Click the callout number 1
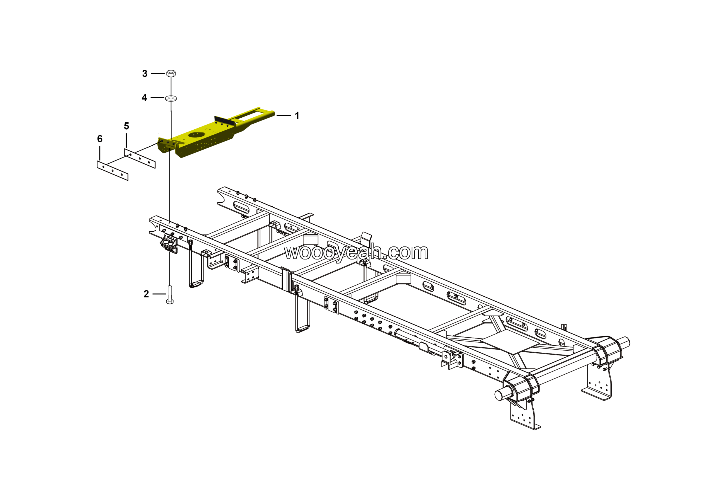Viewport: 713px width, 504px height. click(x=297, y=116)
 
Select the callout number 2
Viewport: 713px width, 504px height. click(x=146, y=294)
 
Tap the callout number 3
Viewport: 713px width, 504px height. click(x=145, y=74)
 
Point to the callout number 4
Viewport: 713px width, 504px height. click(x=144, y=98)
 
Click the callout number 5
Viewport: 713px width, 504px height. click(x=126, y=126)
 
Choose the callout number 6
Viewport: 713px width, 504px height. click(x=100, y=139)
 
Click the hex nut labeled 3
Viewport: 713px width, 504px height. click(x=171, y=73)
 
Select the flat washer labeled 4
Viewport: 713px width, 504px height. click(x=171, y=98)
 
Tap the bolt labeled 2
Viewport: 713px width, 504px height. click(x=170, y=295)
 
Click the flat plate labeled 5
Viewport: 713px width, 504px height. click(x=140, y=158)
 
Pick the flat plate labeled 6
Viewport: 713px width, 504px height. click(x=113, y=171)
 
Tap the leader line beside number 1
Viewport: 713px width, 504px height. click(x=284, y=116)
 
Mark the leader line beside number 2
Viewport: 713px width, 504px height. click(x=159, y=294)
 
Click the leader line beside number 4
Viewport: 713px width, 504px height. click(x=157, y=98)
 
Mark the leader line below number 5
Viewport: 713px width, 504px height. click(x=126, y=140)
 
